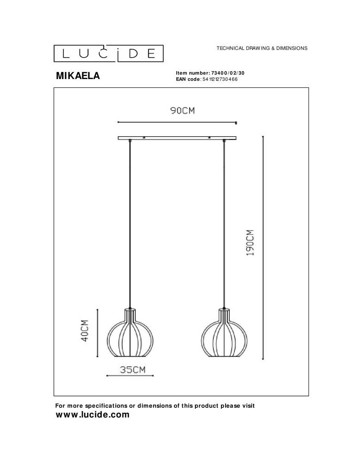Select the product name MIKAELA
[x=78, y=76]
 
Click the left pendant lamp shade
[x=130, y=334]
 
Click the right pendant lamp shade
[x=225, y=334]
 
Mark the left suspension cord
[x=130, y=223]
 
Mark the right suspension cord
[x=225, y=223]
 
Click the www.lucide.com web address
[x=92, y=415]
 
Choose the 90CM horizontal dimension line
[x=177, y=122]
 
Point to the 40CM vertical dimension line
[x=97, y=333]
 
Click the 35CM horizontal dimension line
[x=130, y=376]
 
